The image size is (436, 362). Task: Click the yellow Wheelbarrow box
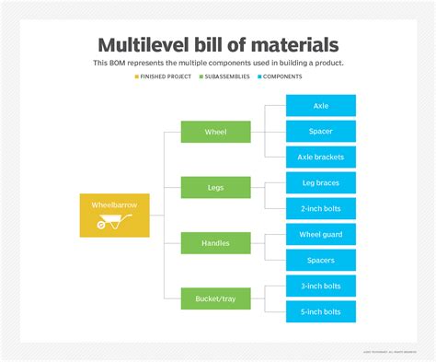pyautogui.click(x=114, y=214)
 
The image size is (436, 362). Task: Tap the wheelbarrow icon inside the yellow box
pyautogui.click(x=114, y=223)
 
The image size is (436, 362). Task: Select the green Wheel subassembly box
pyautogui.click(x=215, y=132)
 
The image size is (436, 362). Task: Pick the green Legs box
pyautogui.click(x=215, y=187)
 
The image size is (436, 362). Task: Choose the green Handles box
pyautogui.click(x=215, y=242)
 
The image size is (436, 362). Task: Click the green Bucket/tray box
pyautogui.click(x=215, y=298)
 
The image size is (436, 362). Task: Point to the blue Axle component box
pyautogui.click(x=321, y=106)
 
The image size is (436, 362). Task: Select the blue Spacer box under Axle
pyautogui.click(x=321, y=132)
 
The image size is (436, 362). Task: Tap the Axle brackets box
pyautogui.click(x=321, y=158)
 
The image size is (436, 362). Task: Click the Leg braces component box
pyautogui.click(x=321, y=183)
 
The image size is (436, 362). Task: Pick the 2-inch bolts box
pyautogui.click(x=321, y=208)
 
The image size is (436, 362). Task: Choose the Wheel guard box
pyautogui.click(x=321, y=234)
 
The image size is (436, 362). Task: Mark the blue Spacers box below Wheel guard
pyautogui.click(x=321, y=260)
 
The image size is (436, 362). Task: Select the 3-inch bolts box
pyautogui.click(x=321, y=286)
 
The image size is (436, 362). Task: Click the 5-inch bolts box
pyautogui.click(x=321, y=311)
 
